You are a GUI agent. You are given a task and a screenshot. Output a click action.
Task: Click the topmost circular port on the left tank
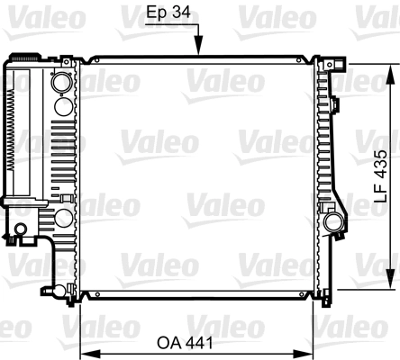[61, 84]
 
